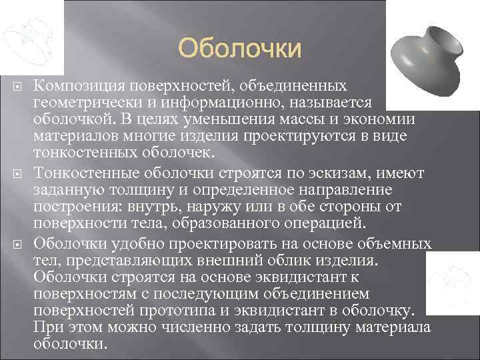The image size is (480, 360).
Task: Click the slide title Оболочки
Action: pyautogui.click(x=240, y=49)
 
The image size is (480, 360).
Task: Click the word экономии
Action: pyautogui.click(x=378, y=119)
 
